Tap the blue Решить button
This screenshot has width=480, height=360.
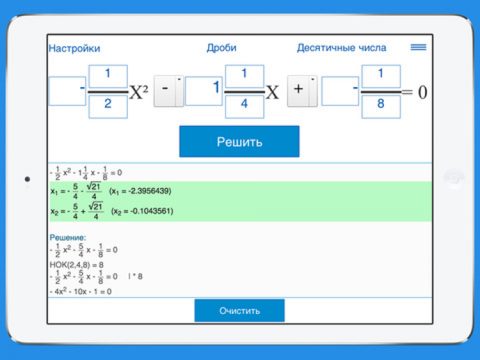point(239,141)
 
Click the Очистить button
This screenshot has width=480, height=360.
point(239,311)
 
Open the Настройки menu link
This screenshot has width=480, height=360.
point(74,48)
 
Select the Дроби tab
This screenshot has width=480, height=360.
point(221,48)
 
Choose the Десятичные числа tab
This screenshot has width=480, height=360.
point(341,48)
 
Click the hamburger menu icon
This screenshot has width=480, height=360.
point(418,47)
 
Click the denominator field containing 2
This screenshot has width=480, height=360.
point(108,105)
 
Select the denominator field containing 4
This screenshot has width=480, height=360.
point(244,105)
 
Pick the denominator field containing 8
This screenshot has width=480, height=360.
point(381,105)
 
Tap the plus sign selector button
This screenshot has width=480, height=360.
point(298,91)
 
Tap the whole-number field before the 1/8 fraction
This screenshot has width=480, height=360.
point(340,91)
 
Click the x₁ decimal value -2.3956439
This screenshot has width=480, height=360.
point(140,191)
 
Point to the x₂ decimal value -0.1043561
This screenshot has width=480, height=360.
point(142,211)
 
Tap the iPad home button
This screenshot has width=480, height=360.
point(453,179)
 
